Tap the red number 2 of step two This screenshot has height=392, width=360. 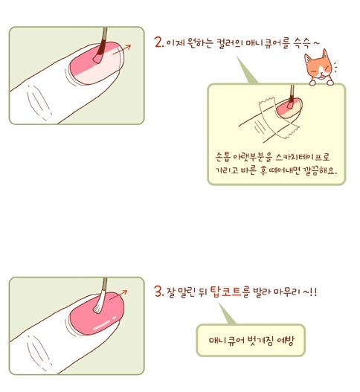point(158,42)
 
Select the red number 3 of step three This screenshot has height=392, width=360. point(158,292)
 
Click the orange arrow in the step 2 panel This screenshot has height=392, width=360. point(122,50)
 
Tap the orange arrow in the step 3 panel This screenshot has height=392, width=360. point(118,295)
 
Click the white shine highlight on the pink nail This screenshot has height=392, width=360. point(104,324)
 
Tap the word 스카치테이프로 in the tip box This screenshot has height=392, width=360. point(303,157)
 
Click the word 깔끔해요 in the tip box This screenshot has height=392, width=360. point(319,171)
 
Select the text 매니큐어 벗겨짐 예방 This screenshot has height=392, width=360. point(251,341)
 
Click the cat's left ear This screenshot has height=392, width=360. point(308,59)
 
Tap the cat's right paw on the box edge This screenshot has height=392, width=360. point(330,83)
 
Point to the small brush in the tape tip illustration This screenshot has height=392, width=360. point(291,97)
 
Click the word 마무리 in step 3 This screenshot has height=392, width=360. point(287,292)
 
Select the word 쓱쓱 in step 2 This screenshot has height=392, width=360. point(302,43)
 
